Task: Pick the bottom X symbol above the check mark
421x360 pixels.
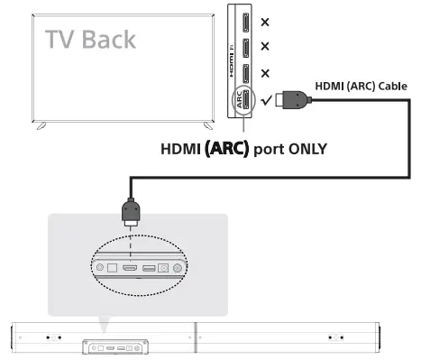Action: (x=265, y=74)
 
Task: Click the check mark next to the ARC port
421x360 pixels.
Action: (x=264, y=101)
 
